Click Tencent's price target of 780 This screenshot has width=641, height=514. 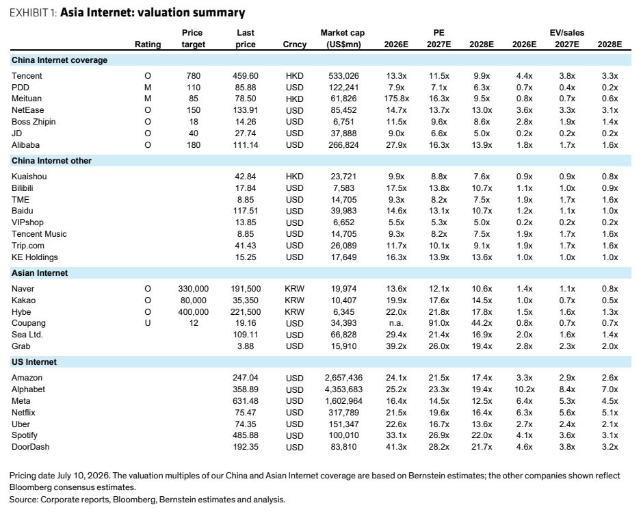[194, 76]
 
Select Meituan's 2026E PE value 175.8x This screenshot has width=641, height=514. [396, 99]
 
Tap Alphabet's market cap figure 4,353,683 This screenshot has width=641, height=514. [343, 389]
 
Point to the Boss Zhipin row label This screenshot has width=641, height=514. [34, 122]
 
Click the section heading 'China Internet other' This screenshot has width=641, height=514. [51, 161]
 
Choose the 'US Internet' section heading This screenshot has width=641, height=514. [34, 362]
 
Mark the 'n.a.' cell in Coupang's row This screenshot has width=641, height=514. [396, 323]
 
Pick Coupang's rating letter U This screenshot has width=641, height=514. [148, 323]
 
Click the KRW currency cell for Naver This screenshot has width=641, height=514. [294, 289]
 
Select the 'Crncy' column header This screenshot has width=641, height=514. [294, 44]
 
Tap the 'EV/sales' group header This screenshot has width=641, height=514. [566, 33]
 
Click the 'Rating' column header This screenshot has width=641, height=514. [148, 44]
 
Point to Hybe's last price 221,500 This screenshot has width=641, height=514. [246, 312]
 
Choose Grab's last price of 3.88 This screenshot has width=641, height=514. [246, 346]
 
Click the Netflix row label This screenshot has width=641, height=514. [23, 413]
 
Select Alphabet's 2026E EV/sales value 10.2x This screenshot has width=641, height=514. [524, 389]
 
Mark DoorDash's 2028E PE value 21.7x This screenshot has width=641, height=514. [482, 447]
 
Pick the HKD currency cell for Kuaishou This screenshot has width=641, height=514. [294, 177]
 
